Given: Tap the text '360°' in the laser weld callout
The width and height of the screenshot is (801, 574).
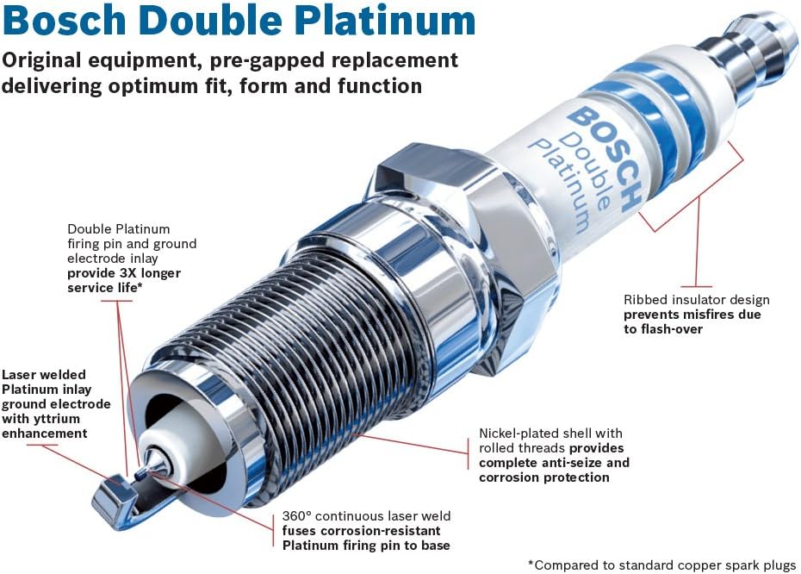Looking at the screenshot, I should point(299,516).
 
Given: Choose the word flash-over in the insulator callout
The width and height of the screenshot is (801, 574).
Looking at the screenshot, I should point(672,329).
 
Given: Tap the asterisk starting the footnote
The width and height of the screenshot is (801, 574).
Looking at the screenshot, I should point(531,565).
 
